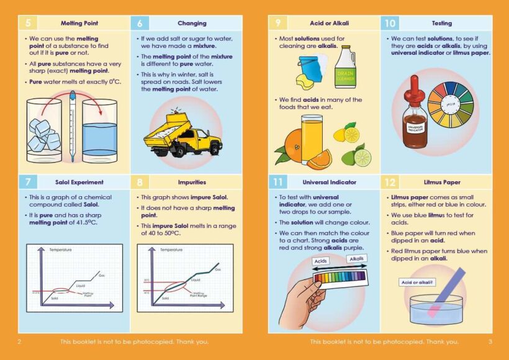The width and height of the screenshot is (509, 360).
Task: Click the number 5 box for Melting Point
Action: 27,24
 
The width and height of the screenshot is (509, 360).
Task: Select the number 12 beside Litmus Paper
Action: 390,182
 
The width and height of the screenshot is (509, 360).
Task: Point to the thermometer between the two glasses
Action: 73,124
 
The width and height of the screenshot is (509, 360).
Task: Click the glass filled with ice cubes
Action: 44,129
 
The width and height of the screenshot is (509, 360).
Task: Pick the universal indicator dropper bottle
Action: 414,114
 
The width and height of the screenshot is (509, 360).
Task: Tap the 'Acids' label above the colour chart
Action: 320,262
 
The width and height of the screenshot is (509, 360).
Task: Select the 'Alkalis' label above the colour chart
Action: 356,259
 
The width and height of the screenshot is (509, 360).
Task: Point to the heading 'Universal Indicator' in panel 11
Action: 329,182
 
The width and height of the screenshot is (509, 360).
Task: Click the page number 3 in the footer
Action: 490,341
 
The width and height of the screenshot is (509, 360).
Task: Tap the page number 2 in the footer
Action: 19,341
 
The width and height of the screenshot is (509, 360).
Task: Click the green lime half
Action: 362,158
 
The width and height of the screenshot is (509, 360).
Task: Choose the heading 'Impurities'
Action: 192,182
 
